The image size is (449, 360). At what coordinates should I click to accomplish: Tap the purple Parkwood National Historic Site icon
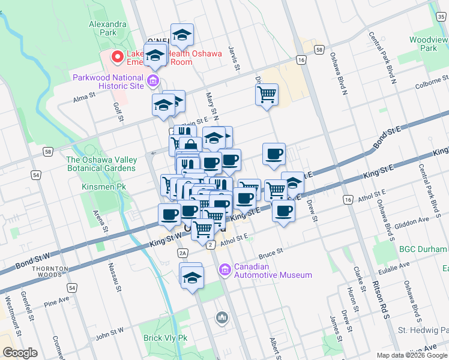(153, 80)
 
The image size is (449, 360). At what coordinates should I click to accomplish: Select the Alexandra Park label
(107, 28)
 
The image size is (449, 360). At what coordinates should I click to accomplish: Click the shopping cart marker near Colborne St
(267, 94)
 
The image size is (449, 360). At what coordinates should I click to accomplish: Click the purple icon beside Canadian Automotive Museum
(225, 271)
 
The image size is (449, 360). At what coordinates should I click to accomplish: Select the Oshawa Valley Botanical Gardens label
(101, 164)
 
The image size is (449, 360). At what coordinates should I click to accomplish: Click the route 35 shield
(441, 17)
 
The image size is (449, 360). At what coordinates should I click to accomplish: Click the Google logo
(20, 353)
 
